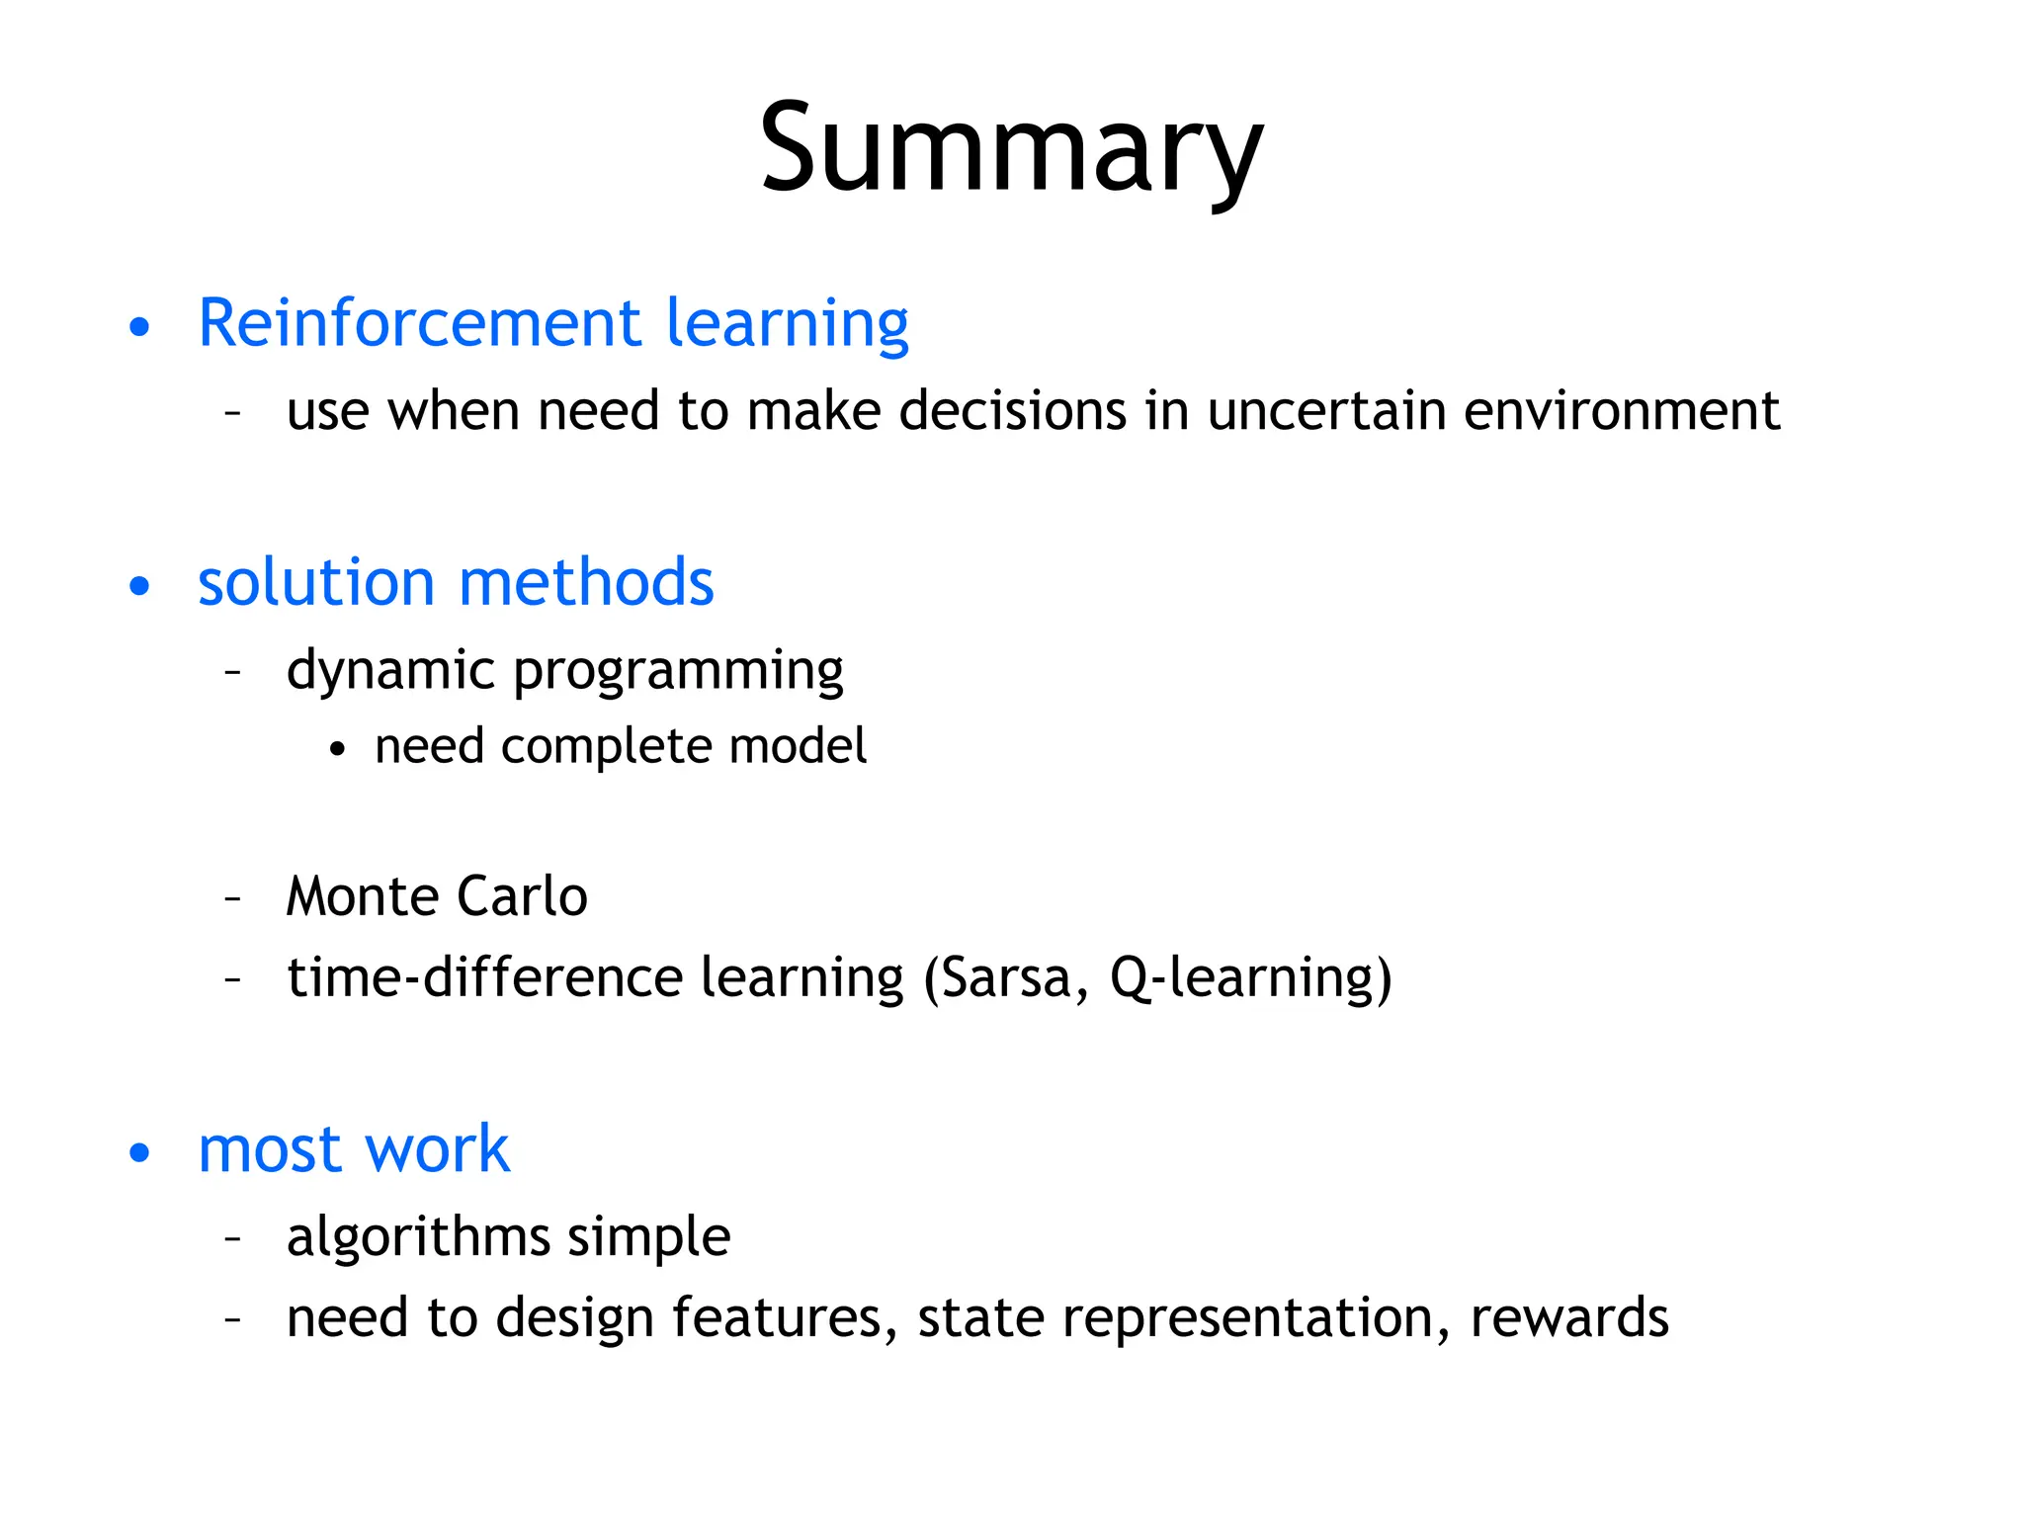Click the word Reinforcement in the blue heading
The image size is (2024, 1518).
click(x=420, y=323)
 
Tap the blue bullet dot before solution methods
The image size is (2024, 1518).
click(x=139, y=585)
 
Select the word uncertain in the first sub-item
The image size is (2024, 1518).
click(x=1326, y=410)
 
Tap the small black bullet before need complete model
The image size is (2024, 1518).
click(x=338, y=750)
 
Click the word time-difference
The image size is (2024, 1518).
click(x=484, y=977)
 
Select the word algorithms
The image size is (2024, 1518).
click(x=417, y=1237)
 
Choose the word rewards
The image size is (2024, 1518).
click(x=1569, y=1318)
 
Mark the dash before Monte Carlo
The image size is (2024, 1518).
click(x=233, y=898)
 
